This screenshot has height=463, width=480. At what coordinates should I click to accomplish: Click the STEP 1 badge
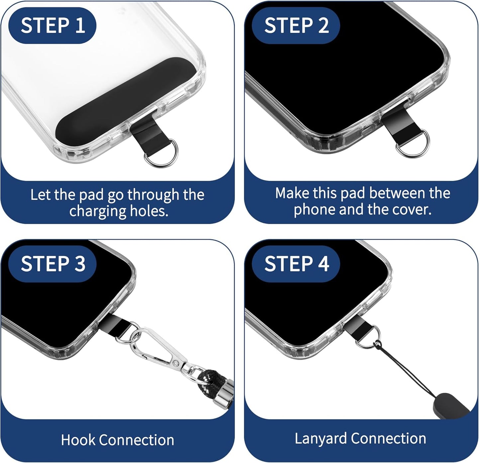click(52, 25)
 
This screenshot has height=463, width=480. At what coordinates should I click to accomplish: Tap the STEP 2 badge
click(296, 25)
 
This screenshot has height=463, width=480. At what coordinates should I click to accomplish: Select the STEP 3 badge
click(52, 264)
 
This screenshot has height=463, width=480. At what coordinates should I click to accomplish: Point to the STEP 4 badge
click(296, 264)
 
